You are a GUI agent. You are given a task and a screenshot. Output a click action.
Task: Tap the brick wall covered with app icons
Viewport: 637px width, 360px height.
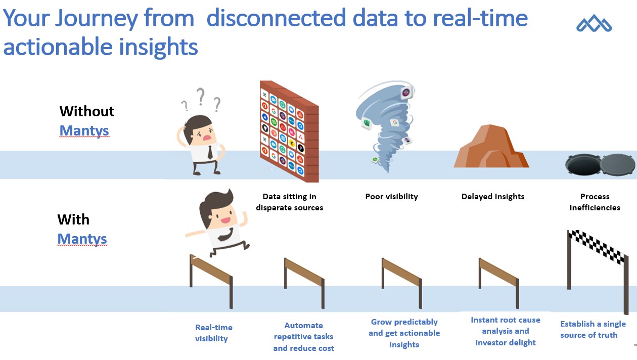pyautogui.click(x=288, y=130)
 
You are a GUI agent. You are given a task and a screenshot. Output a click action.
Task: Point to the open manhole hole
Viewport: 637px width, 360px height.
pyautogui.click(x=582, y=164)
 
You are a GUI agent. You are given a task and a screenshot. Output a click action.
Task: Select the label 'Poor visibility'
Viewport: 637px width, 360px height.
pyautogui.click(x=391, y=197)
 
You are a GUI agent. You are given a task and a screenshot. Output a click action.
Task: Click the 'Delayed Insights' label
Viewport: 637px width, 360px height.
pyautogui.click(x=493, y=197)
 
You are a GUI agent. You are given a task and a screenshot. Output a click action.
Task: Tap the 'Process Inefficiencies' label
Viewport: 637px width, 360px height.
pyautogui.click(x=595, y=202)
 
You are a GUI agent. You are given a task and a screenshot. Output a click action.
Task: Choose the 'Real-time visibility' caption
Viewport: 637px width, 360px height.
pyautogui.click(x=214, y=333)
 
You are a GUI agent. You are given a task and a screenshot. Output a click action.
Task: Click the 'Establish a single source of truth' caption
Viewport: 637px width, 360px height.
pyautogui.click(x=593, y=329)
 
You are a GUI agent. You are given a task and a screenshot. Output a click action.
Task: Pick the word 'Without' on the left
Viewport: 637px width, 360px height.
pyautogui.click(x=87, y=111)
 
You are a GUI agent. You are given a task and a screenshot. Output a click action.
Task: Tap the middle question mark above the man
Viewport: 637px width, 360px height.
pyautogui.click(x=201, y=96)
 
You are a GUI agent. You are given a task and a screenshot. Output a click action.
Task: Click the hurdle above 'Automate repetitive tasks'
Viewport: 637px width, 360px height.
pyautogui.click(x=303, y=276)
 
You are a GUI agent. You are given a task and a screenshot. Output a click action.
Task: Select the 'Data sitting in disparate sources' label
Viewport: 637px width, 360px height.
pyautogui.click(x=289, y=202)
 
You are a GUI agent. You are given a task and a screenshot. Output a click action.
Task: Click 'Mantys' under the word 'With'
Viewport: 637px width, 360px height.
pyautogui.click(x=82, y=239)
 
